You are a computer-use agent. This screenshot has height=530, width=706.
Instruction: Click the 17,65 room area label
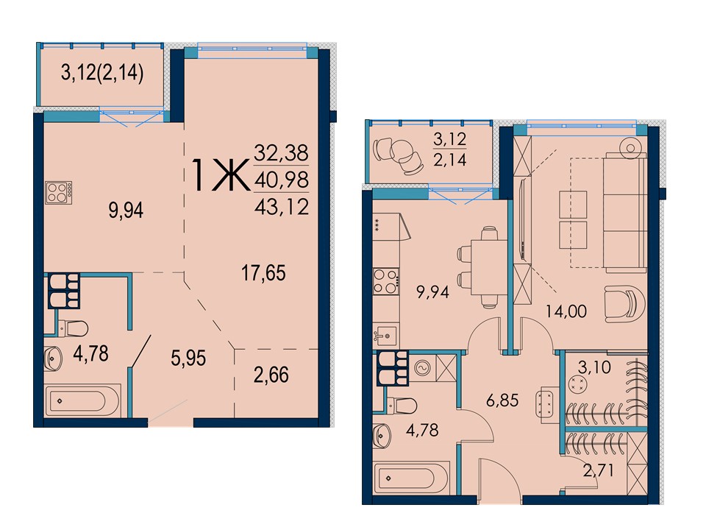(264, 273)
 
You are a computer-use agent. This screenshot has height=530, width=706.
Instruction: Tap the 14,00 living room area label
(566, 311)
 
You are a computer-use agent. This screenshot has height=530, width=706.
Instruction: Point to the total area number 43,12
(282, 207)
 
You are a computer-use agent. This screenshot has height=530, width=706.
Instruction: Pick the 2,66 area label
(271, 375)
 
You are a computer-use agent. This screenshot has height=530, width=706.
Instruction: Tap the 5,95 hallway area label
(188, 358)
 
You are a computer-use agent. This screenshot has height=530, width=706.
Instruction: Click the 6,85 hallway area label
(502, 400)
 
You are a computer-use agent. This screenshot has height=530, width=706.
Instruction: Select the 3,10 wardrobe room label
(594, 367)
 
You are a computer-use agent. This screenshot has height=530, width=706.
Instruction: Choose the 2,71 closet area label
(599, 471)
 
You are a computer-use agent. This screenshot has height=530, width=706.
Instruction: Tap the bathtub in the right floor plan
(412, 478)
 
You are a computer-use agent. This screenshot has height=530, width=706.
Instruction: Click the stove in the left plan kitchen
(59, 192)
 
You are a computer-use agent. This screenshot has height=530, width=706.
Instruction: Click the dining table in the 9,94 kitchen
(489, 266)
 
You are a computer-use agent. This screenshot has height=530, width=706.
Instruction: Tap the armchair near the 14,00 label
(625, 304)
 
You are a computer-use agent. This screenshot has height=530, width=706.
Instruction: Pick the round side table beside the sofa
(630, 148)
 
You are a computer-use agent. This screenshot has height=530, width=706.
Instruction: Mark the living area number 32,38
(282, 153)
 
